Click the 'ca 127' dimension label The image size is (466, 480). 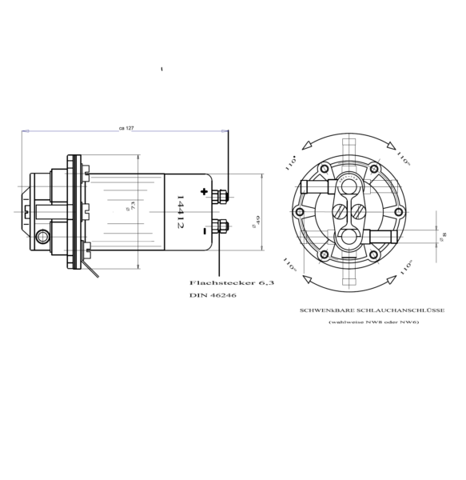point(125,127)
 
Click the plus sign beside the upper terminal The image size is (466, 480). point(205,192)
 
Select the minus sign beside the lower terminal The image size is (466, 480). point(205,230)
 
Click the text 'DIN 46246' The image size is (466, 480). point(213,295)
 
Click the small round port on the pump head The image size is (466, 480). point(42,235)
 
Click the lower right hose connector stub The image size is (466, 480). point(380,236)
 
